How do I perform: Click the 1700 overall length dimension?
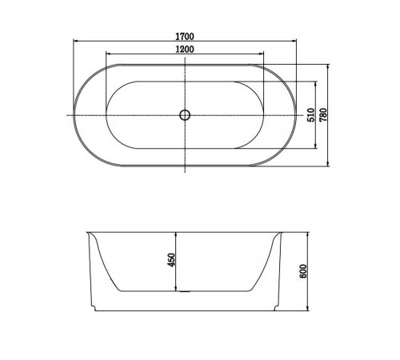tap(185, 36)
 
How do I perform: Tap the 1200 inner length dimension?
tap(185, 50)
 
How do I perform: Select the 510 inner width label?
tap(311, 115)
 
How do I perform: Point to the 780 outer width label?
tap(323, 115)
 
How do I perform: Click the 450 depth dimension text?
tap(171, 260)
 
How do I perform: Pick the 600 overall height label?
tap(303, 271)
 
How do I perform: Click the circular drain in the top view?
tap(185, 115)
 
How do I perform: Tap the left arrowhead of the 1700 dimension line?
tap(76, 41)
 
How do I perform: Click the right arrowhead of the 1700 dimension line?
tap(294, 41)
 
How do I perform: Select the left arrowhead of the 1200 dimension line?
tap(109, 54)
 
